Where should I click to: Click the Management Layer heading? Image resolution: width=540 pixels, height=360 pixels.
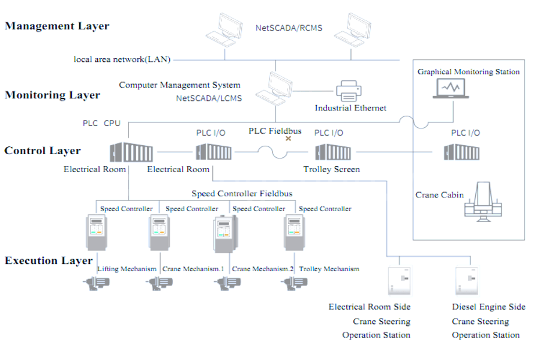point(57,26)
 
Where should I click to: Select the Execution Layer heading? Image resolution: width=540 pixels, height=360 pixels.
point(49,260)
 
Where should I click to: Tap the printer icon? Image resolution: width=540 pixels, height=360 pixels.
point(349,91)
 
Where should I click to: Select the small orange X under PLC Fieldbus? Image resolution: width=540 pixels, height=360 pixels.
point(288,138)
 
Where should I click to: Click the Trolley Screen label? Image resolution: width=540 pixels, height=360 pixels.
point(331,169)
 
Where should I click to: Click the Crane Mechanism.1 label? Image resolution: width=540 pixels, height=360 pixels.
point(193,269)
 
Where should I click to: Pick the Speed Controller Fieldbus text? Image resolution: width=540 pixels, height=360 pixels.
point(242,194)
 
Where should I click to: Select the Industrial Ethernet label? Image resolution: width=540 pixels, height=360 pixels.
point(350,108)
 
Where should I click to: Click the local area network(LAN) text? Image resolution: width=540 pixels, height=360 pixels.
point(122,59)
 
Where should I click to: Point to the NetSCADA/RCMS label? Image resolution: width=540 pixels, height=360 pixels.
point(289,28)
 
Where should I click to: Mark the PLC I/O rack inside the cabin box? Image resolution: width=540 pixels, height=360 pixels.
point(462,152)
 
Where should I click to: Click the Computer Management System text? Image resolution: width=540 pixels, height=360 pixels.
point(179,85)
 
